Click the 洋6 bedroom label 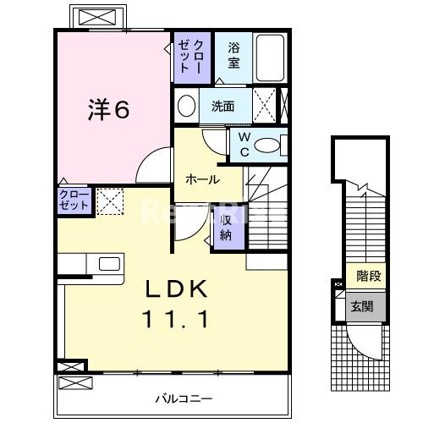pos(110,110)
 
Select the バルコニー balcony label pos(184,397)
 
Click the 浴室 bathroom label pos(233,56)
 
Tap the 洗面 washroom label pos(222,107)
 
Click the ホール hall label pos(202,179)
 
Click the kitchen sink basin pos(110,263)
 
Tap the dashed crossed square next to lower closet pos(109,201)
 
